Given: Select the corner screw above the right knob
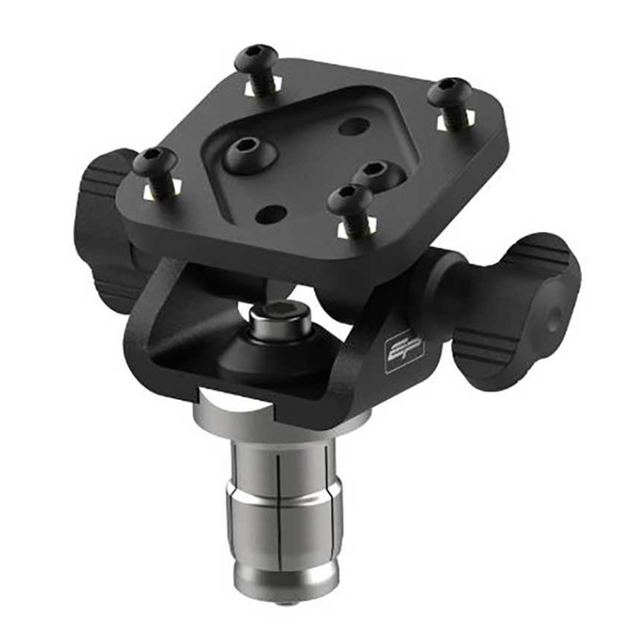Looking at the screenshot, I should click(450, 93).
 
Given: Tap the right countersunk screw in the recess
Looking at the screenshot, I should click(372, 171).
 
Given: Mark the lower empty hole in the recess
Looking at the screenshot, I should click(271, 212).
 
